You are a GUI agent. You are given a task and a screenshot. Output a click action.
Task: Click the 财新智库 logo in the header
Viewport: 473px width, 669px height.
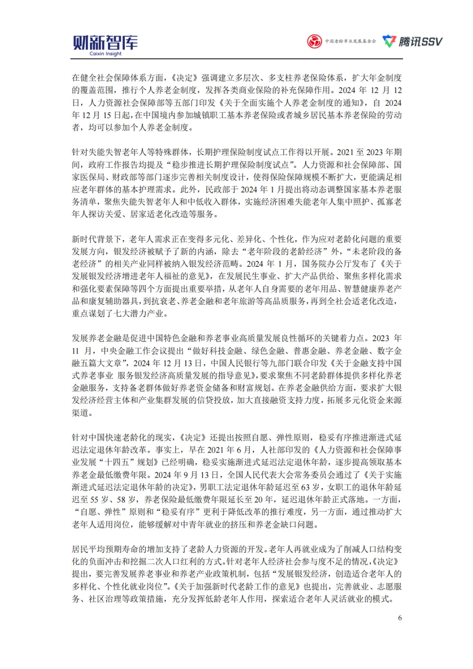point(105,42)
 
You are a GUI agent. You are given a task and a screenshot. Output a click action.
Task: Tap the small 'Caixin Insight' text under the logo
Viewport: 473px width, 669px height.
point(106,54)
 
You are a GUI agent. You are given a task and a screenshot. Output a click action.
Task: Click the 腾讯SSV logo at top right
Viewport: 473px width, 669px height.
point(413,42)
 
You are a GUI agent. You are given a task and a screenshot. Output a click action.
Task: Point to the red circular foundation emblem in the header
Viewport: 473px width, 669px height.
point(314,42)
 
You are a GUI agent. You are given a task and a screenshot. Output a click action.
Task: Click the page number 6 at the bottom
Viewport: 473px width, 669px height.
point(399,618)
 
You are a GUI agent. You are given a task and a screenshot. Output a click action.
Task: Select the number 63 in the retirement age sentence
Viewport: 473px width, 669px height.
point(305,487)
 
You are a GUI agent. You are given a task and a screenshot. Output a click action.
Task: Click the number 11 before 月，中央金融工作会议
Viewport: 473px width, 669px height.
point(75,351)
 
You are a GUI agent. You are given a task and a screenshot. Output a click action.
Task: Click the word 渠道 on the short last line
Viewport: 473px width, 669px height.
point(80,413)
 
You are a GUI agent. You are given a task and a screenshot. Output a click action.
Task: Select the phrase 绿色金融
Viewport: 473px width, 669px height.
point(268,351)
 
